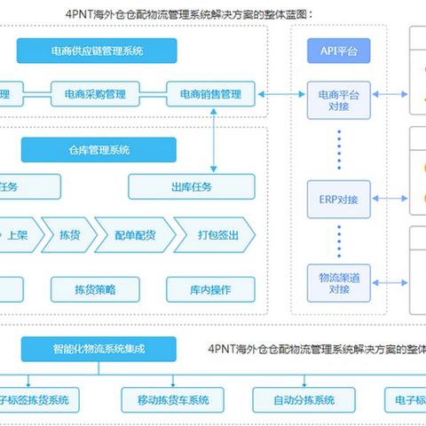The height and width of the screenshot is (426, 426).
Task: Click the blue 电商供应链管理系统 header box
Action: [x=98, y=51]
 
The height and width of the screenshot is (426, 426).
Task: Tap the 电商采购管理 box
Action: [x=96, y=92]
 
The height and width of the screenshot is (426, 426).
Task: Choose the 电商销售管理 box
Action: [x=210, y=92]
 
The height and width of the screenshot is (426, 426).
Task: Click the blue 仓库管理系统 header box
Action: [x=98, y=150]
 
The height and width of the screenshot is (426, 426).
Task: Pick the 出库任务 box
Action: [x=192, y=186]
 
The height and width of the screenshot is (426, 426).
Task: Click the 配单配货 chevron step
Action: [x=133, y=234]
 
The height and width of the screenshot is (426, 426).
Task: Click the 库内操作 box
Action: [x=210, y=288]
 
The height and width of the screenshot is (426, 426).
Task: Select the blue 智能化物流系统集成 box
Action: [x=98, y=348]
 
